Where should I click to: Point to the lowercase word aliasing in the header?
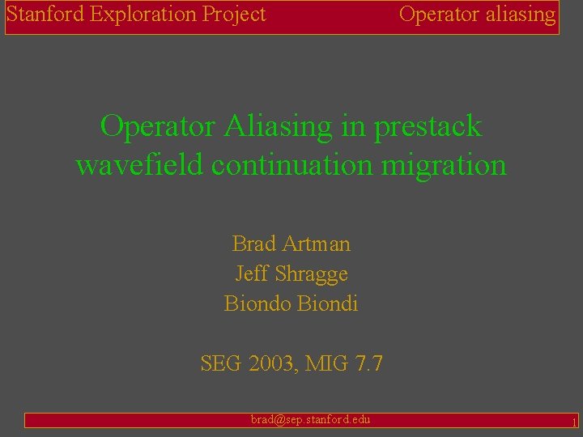[520, 15]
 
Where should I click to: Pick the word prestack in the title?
[428, 126]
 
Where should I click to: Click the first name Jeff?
[251, 274]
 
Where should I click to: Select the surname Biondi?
[328, 304]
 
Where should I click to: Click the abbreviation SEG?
[221, 364]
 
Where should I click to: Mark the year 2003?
[271, 364]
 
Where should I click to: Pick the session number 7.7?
[368, 364]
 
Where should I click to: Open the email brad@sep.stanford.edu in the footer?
[310, 419]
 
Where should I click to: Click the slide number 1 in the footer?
[573, 422]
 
